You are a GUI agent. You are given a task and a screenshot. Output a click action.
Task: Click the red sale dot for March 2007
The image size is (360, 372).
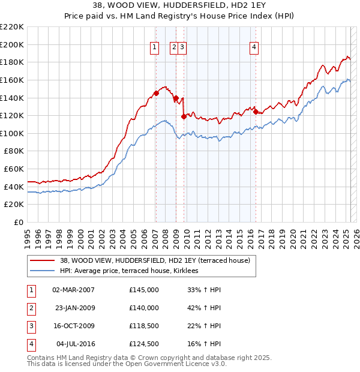156,93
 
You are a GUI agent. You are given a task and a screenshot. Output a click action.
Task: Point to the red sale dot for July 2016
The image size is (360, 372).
256,112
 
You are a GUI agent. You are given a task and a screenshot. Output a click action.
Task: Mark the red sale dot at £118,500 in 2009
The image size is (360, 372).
184,116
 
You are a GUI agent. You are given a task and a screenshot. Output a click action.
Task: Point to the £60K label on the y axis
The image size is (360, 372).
14,169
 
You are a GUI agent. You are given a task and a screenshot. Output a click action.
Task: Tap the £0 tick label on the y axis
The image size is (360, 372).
19,223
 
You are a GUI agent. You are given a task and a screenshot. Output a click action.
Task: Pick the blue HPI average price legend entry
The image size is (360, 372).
133,271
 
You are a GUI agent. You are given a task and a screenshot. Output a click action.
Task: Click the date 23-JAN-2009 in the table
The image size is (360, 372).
74,308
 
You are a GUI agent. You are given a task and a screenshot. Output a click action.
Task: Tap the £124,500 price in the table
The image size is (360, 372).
143,344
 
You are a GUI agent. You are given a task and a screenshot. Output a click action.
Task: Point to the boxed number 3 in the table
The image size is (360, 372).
30,326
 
